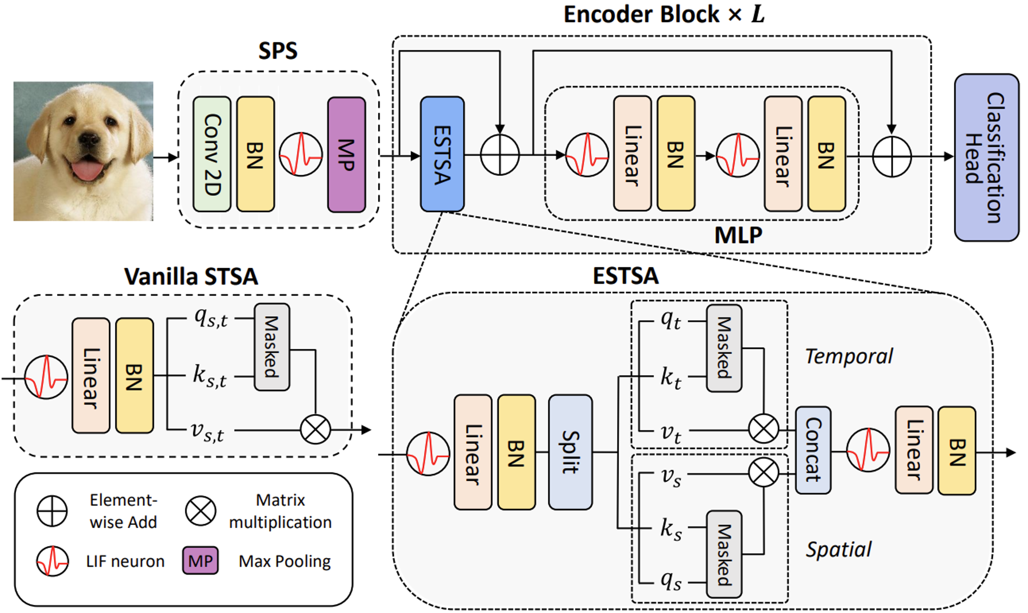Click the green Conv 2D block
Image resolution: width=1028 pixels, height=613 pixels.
pos(212,154)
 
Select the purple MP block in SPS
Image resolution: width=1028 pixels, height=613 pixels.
pos(346,154)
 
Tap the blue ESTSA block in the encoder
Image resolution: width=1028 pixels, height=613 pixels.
pos(442,154)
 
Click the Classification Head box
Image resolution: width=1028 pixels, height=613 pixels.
pos(987,157)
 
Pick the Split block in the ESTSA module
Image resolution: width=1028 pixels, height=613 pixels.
pos(570,452)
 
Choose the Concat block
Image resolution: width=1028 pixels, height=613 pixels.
pos(813,450)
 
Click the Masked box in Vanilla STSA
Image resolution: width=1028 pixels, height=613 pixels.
pos(272,347)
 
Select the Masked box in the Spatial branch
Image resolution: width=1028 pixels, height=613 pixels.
pos(724,554)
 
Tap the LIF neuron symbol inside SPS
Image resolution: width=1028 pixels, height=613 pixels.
pos(301,154)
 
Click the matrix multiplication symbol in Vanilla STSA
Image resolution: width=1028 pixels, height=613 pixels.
pos(315,429)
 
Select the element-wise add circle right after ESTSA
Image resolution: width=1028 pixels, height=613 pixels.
pos(500,155)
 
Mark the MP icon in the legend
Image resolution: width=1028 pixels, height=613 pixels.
pos(200,560)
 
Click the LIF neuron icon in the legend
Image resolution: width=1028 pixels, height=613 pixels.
pos(52,561)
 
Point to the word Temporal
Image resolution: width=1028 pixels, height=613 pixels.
pos(849,356)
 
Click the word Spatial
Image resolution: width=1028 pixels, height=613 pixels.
pos(838,549)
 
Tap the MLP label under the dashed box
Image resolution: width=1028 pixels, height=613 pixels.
pos(738,235)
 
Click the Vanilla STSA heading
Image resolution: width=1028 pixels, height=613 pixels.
pos(191,277)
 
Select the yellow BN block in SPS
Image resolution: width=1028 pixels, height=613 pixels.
pos(256,154)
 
